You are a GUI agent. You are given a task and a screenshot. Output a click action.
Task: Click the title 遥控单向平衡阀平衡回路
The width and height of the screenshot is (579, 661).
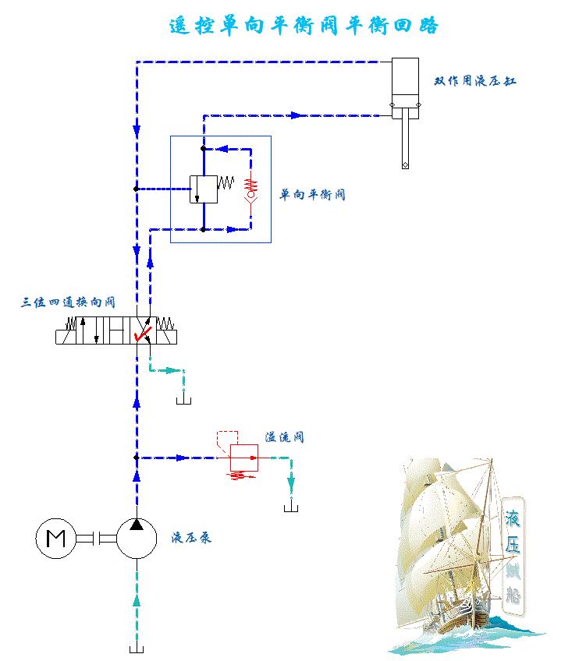point(304,26)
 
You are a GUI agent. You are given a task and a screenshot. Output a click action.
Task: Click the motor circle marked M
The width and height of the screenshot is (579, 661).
point(55,538)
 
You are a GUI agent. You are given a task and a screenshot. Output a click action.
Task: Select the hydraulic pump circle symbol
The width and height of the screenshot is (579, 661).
point(137,538)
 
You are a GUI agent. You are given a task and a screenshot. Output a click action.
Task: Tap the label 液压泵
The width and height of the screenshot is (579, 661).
point(192,538)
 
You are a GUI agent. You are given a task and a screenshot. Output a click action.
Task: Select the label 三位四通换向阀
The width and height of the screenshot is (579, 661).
point(68,302)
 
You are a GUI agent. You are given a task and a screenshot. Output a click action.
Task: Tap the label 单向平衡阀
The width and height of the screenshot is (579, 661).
point(313,194)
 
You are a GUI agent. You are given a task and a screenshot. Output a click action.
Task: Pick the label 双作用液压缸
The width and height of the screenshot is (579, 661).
point(475,81)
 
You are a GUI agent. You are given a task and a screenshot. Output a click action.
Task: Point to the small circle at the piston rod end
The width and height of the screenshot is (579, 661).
point(406,164)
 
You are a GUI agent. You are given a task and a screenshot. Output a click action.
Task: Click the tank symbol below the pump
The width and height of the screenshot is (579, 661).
point(137,649)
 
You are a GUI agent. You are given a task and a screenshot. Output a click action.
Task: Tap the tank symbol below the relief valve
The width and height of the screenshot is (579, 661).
point(292,507)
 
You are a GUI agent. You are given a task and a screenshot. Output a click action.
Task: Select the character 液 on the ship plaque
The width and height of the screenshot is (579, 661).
point(513,518)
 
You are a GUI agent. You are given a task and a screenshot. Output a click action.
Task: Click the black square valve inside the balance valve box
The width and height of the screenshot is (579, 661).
point(203,189)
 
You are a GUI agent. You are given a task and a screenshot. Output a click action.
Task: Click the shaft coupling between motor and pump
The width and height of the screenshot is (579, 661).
point(96,538)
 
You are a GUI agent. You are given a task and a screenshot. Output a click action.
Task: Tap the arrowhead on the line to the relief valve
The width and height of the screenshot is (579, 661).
point(181,458)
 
